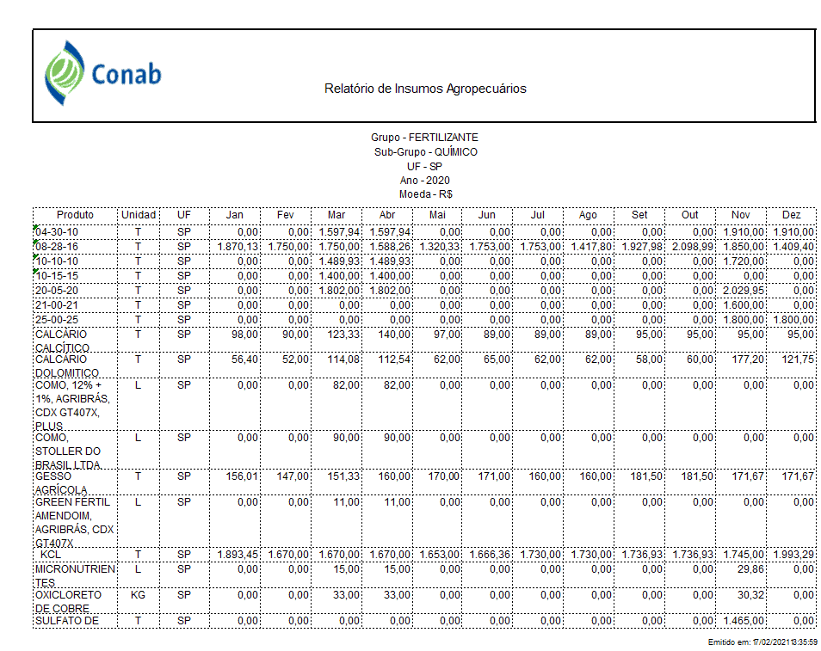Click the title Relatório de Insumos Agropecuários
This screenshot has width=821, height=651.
click(425, 89)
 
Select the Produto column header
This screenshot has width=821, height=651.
click(75, 214)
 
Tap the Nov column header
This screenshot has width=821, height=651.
click(740, 214)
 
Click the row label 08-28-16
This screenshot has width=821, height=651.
click(57, 247)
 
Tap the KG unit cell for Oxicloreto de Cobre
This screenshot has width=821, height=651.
click(138, 595)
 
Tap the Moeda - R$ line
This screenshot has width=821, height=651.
click(424, 194)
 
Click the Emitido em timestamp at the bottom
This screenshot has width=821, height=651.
click(762, 642)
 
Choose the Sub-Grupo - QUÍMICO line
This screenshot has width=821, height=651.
click(425, 152)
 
